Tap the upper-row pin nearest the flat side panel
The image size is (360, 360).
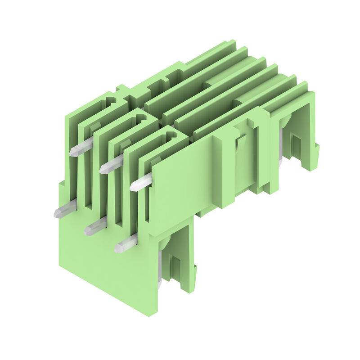[141, 182]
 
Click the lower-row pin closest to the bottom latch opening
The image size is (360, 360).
[126, 243]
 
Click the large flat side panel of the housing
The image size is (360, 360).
[180, 184]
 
